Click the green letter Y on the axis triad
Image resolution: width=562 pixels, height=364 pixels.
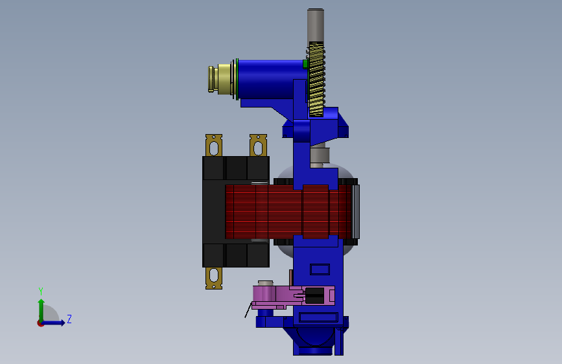41,291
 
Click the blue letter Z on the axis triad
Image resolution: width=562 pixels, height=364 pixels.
69,319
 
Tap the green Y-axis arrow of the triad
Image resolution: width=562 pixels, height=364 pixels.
41,310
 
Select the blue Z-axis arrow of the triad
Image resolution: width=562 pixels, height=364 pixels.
53,323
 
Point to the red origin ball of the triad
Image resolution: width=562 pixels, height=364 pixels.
40,323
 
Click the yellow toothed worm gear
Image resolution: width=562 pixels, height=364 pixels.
316,79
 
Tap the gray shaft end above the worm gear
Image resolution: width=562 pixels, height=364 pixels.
316,25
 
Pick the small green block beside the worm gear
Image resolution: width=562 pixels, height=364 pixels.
305,64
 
